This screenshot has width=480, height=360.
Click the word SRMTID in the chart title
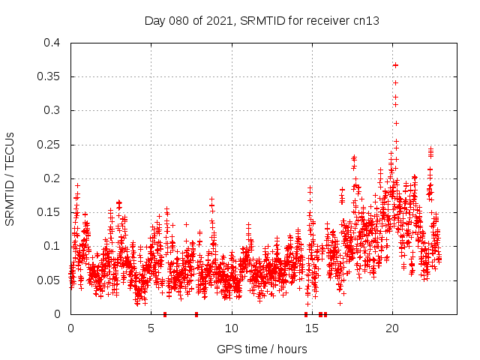tap(260, 20)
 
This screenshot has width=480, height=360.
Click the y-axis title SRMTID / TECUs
tap(10, 178)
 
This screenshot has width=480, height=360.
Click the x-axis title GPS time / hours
tap(262, 349)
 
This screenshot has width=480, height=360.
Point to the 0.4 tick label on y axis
tap(51, 43)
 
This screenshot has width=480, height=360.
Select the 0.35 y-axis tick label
tap(48, 76)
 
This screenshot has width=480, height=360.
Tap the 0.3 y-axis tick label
tap(51, 110)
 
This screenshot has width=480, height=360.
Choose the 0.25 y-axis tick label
tap(48, 144)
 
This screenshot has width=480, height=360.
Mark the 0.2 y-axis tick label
tap(51, 178)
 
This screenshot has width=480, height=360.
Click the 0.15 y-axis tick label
tap(48, 212)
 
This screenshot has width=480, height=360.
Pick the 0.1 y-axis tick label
tap(51, 246)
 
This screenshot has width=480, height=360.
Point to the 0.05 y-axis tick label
tap(48, 280)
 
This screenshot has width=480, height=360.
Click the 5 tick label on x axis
tap(151, 328)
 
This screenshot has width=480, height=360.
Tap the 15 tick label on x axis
tap(311, 328)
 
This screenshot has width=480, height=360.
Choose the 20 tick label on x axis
tap(391, 328)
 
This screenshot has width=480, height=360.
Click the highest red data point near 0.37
tap(395, 65)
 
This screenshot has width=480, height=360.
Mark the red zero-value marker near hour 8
tap(196, 314)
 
